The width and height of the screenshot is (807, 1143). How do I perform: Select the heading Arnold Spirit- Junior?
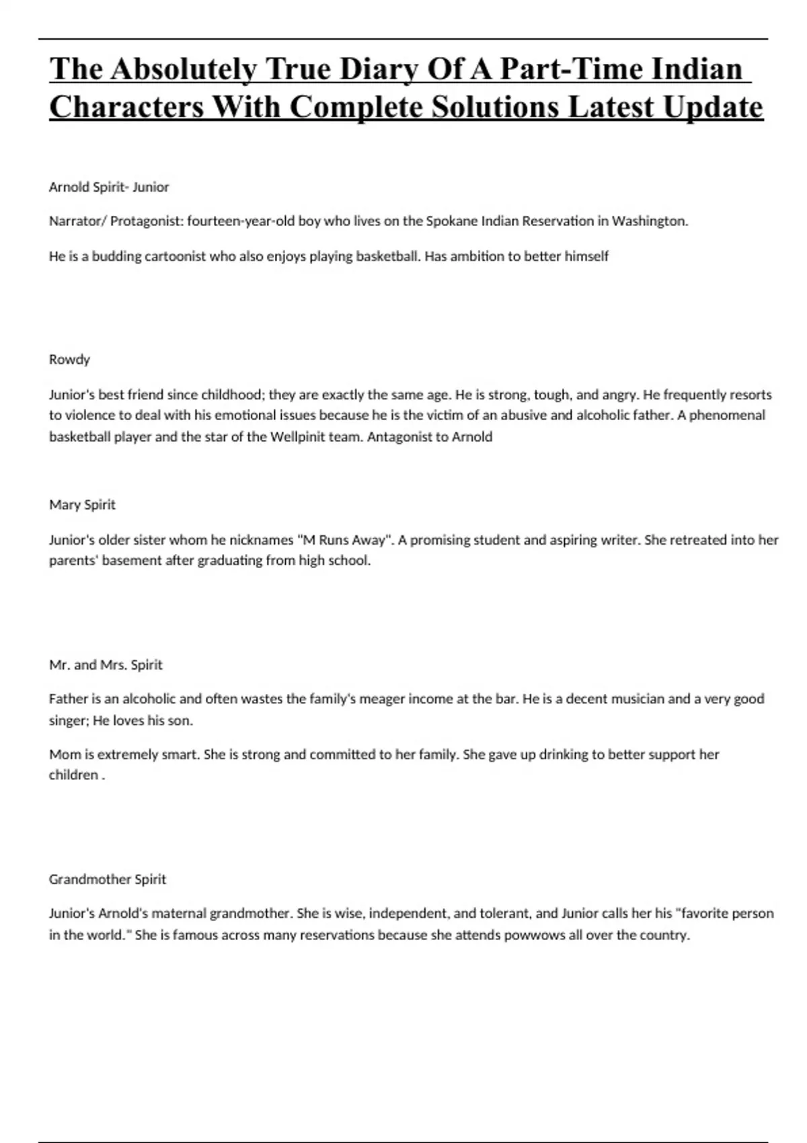(109, 187)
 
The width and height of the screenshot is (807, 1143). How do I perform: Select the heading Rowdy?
(69, 360)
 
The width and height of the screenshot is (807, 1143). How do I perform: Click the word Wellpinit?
(298, 437)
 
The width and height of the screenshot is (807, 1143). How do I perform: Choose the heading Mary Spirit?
(82, 505)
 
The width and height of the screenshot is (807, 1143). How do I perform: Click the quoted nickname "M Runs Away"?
(344, 540)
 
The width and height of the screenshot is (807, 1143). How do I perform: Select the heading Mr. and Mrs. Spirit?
(106, 665)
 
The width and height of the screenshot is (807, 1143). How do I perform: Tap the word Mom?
(64, 754)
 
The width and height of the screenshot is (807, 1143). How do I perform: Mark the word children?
(73, 775)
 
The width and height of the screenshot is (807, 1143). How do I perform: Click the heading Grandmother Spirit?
(107, 879)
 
